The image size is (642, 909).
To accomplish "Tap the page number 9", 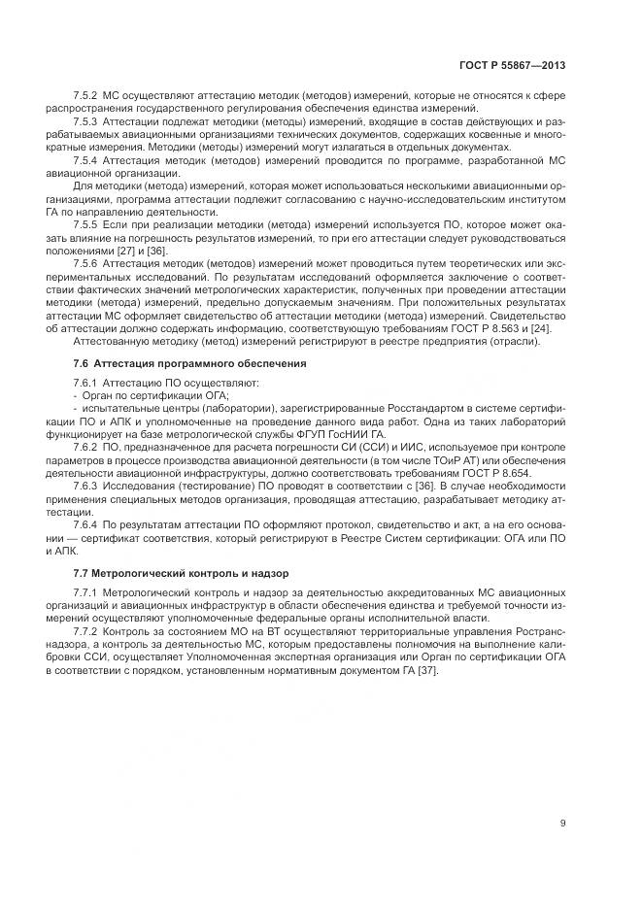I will coord(563,825).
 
